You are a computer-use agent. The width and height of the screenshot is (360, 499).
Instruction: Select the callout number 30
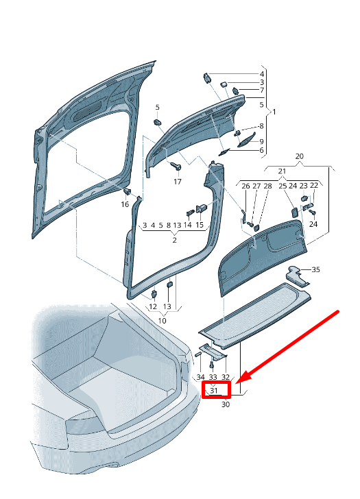coord(226,404)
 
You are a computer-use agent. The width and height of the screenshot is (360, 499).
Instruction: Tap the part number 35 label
coord(315,270)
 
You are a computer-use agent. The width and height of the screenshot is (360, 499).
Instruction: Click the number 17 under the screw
coord(177,182)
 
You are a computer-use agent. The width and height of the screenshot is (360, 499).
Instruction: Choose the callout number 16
coord(125,204)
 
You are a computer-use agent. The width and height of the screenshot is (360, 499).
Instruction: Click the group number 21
coord(281,171)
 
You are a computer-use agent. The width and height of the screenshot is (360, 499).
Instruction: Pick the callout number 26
coord(245,186)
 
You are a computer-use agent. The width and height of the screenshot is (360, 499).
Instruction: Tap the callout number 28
coord(267,186)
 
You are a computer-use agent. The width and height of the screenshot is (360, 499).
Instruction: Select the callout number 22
coord(314,186)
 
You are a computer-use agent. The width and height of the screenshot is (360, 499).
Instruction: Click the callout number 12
coord(154,307)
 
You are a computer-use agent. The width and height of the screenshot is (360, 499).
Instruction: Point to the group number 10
coord(162,320)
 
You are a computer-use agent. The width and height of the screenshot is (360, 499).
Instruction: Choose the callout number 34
coord(200,377)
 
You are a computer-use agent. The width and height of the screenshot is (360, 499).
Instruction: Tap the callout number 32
coord(226,377)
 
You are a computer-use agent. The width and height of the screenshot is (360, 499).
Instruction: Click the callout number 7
coord(261,90)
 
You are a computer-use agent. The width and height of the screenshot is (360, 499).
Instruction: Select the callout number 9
coord(261,141)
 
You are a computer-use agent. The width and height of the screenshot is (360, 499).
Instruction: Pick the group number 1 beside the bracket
coord(274,111)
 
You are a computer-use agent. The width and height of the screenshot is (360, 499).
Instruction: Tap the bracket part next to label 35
coord(297,273)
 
